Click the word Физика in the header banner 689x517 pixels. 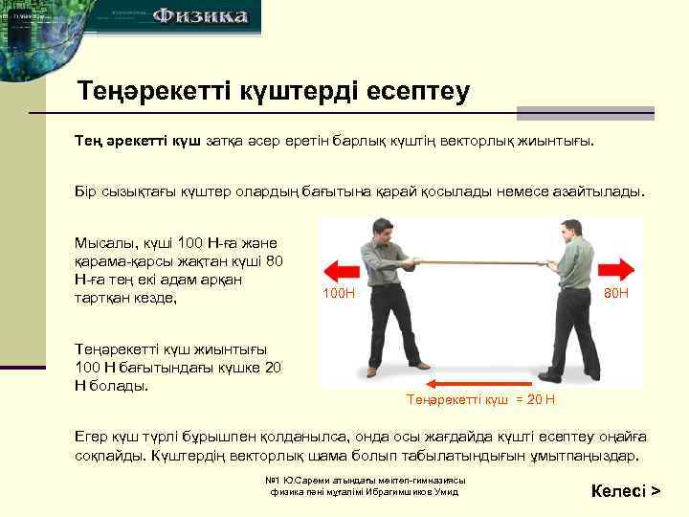point(202,16)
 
